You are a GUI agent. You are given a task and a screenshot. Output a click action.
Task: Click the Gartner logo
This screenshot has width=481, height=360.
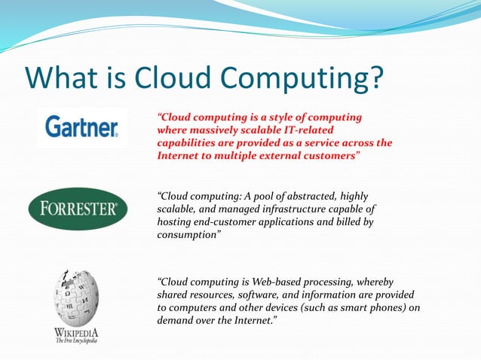click(81, 127)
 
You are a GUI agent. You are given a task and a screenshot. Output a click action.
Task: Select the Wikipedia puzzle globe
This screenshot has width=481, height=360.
click(75, 297)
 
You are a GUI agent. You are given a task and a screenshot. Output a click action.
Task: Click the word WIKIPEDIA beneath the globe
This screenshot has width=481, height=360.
click(75, 331)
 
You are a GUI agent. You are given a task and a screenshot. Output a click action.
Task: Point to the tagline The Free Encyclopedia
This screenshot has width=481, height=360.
click(75, 340)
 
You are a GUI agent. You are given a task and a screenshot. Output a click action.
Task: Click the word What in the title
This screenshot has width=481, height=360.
click(62, 78)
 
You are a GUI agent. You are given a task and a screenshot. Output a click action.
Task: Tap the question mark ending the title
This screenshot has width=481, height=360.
click(375, 78)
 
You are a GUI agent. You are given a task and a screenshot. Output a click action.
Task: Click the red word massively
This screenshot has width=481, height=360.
click(218, 130)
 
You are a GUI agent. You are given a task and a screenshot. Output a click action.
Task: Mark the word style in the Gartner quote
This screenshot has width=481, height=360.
click(278, 118)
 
